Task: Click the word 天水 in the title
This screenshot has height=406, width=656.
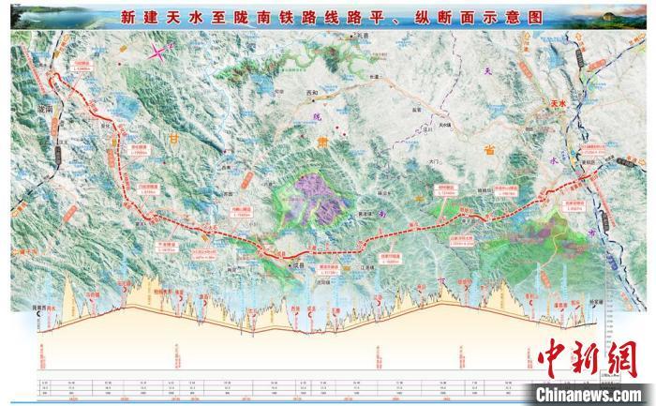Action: tap(213, 16)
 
